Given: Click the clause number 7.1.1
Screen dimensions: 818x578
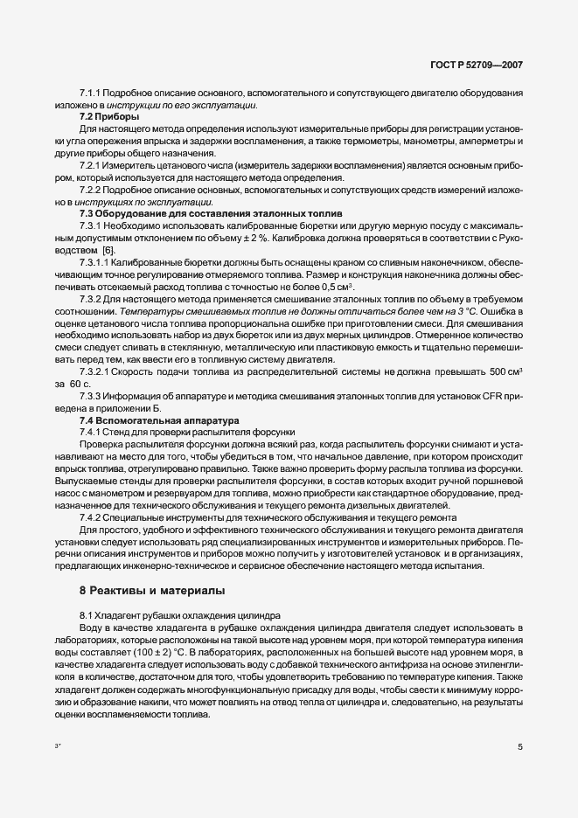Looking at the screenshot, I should click(x=91, y=92).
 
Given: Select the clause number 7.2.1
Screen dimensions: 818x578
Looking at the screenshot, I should click(x=91, y=164).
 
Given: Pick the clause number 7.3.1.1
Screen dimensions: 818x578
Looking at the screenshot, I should click(x=94, y=262).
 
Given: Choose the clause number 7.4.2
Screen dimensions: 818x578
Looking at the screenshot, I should click(x=91, y=517).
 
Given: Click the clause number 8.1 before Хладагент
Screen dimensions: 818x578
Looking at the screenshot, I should click(x=87, y=615).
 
